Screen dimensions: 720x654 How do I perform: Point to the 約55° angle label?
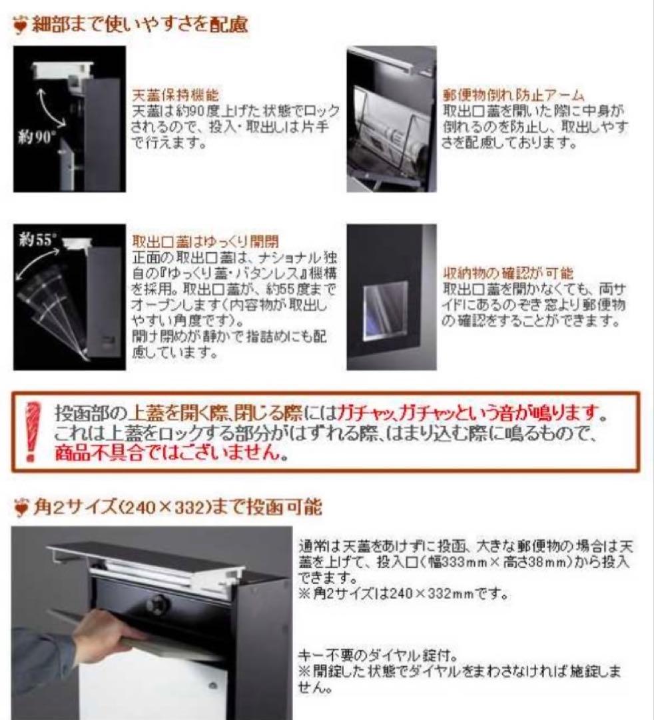coord(37,241)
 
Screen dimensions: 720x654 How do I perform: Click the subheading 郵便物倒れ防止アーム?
coord(513,95)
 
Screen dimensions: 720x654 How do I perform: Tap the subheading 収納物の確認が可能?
coord(507,273)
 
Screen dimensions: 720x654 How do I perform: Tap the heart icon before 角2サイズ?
coord(21,509)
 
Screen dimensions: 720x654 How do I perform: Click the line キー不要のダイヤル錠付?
coord(377,655)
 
